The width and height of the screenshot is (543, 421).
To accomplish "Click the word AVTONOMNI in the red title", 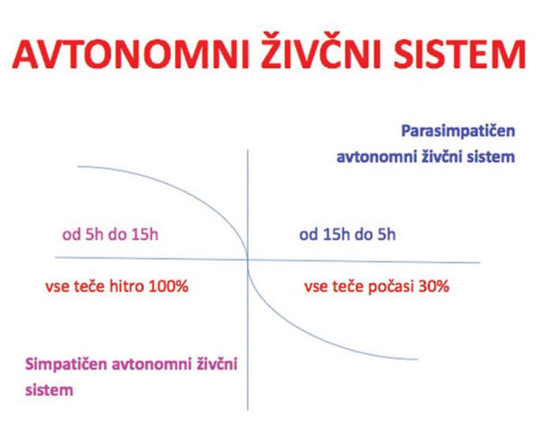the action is [131, 55].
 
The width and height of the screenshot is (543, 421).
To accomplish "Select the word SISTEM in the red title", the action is [460, 55].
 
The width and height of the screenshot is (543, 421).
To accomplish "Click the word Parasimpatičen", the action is [457, 131].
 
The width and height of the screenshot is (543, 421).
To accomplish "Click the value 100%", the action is [168, 287].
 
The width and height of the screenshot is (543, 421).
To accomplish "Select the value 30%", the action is [434, 287].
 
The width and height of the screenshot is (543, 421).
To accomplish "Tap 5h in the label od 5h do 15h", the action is [94, 234].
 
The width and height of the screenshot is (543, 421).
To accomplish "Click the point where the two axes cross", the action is [248, 259].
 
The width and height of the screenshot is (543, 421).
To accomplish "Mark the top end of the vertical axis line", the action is [248, 150].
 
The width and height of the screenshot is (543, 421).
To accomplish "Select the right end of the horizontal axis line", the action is [480, 262].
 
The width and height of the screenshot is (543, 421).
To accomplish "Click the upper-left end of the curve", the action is [77, 166].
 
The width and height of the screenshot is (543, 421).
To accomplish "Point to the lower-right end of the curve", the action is [417, 359].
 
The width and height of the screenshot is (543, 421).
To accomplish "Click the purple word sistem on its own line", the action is [49, 390].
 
